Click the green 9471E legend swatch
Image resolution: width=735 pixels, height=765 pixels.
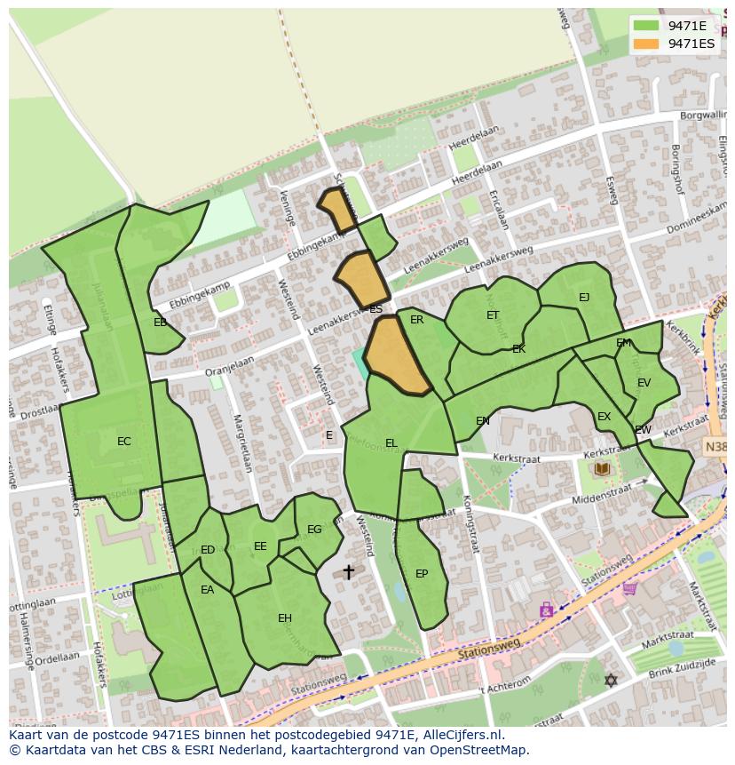pyautogui.click(x=647, y=26)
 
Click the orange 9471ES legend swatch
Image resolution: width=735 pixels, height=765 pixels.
pyautogui.click(x=647, y=44)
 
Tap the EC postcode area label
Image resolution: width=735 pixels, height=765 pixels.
pyautogui.click(x=123, y=442)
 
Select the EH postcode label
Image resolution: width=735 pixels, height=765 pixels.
pyautogui.click(x=284, y=618)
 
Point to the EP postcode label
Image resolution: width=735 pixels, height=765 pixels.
pyautogui.click(x=422, y=574)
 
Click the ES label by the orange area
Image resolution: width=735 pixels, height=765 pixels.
pyautogui.click(x=375, y=309)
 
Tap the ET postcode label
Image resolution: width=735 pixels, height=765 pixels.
pyautogui.click(x=493, y=315)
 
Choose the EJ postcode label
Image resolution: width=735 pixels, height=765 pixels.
pyautogui.click(x=584, y=298)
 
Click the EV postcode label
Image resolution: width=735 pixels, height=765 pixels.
pyautogui.click(x=644, y=383)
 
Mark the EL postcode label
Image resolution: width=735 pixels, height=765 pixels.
pyautogui.click(x=391, y=443)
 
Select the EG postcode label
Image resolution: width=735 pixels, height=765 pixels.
pyautogui.click(x=314, y=530)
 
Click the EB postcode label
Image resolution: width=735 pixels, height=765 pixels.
pyautogui.click(x=160, y=323)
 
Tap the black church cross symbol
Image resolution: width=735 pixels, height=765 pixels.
pyautogui.click(x=349, y=572)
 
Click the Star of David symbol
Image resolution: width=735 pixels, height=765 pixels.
pyautogui.click(x=610, y=681)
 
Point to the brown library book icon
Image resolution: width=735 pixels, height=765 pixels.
pyautogui.click(x=603, y=468)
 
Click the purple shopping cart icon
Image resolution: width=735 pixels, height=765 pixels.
pyautogui.click(x=629, y=587)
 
